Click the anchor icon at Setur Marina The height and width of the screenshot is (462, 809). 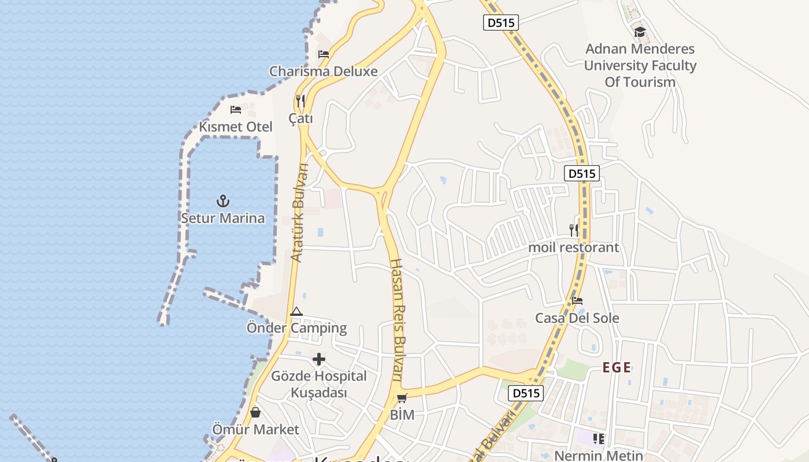coord(223,201)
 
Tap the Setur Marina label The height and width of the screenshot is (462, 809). coord(223,218)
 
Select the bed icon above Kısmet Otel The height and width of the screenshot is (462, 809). coord(236,109)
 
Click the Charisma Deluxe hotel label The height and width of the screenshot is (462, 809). coord(323,72)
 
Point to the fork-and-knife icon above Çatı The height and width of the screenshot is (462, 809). coord(300,101)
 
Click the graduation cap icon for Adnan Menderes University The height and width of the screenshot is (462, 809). coord(640,32)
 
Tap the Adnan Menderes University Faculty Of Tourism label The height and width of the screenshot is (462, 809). coord(640,65)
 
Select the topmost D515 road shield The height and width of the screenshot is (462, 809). coord(501,23)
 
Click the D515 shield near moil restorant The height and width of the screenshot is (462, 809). coord(582,173)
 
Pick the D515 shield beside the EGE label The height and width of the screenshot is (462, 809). coord(526,393)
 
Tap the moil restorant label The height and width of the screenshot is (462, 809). coord(574,248)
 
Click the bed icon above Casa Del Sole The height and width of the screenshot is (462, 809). coord(577,301)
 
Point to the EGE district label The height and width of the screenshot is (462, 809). coord(617,367)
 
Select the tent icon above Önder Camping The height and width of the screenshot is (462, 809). coord(296,312)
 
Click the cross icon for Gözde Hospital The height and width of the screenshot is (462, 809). coord(318,360)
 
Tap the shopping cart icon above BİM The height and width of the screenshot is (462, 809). coord(402,398)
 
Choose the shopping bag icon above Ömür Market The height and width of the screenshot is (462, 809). coord(255,412)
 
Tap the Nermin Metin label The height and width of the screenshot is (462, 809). coord(598,456)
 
